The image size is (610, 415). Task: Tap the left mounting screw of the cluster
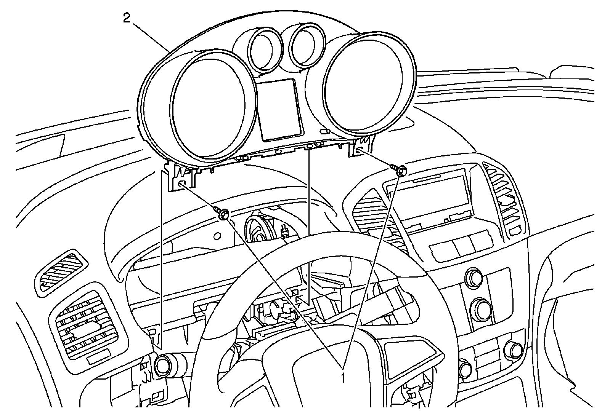click(x=223, y=215)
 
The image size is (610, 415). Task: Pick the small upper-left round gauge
click(x=264, y=49)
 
